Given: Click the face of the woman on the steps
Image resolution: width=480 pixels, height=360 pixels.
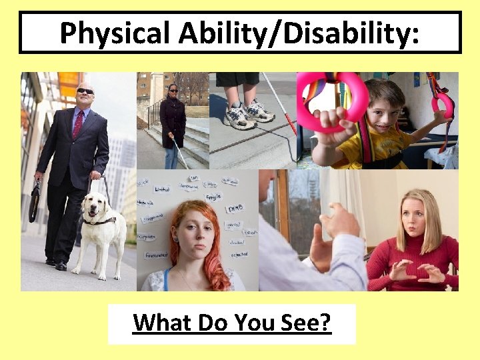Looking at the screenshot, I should click(x=173, y=89).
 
